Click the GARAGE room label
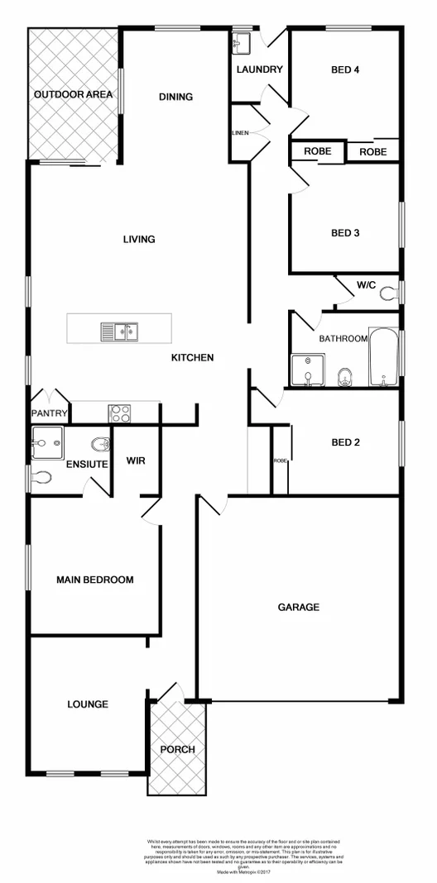tap(298, 607)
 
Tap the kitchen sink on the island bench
tap(121, 332)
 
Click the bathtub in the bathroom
tap(385, 357)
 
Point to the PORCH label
tap(177, 750)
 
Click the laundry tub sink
tap(242, 43)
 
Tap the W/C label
tap(367, 285)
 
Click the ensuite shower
tap(46, 443)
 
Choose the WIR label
tap(136, 461)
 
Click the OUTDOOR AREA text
tap(73, 95)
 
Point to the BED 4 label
tap(344, 69)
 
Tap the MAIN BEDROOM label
tap(94, 580)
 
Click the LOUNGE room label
tap(88, 704)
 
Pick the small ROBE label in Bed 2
tap(279, 461)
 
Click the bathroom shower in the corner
tap(306, 370)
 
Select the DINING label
tap(175, 97)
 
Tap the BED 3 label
tap(345, 233)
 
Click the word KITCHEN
tap(192, 357)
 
